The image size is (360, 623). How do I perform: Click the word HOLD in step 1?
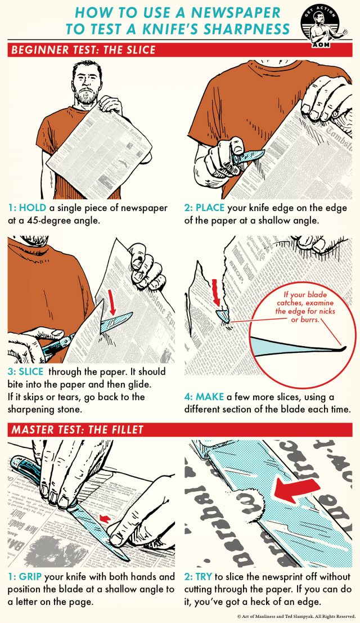[33, 208]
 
